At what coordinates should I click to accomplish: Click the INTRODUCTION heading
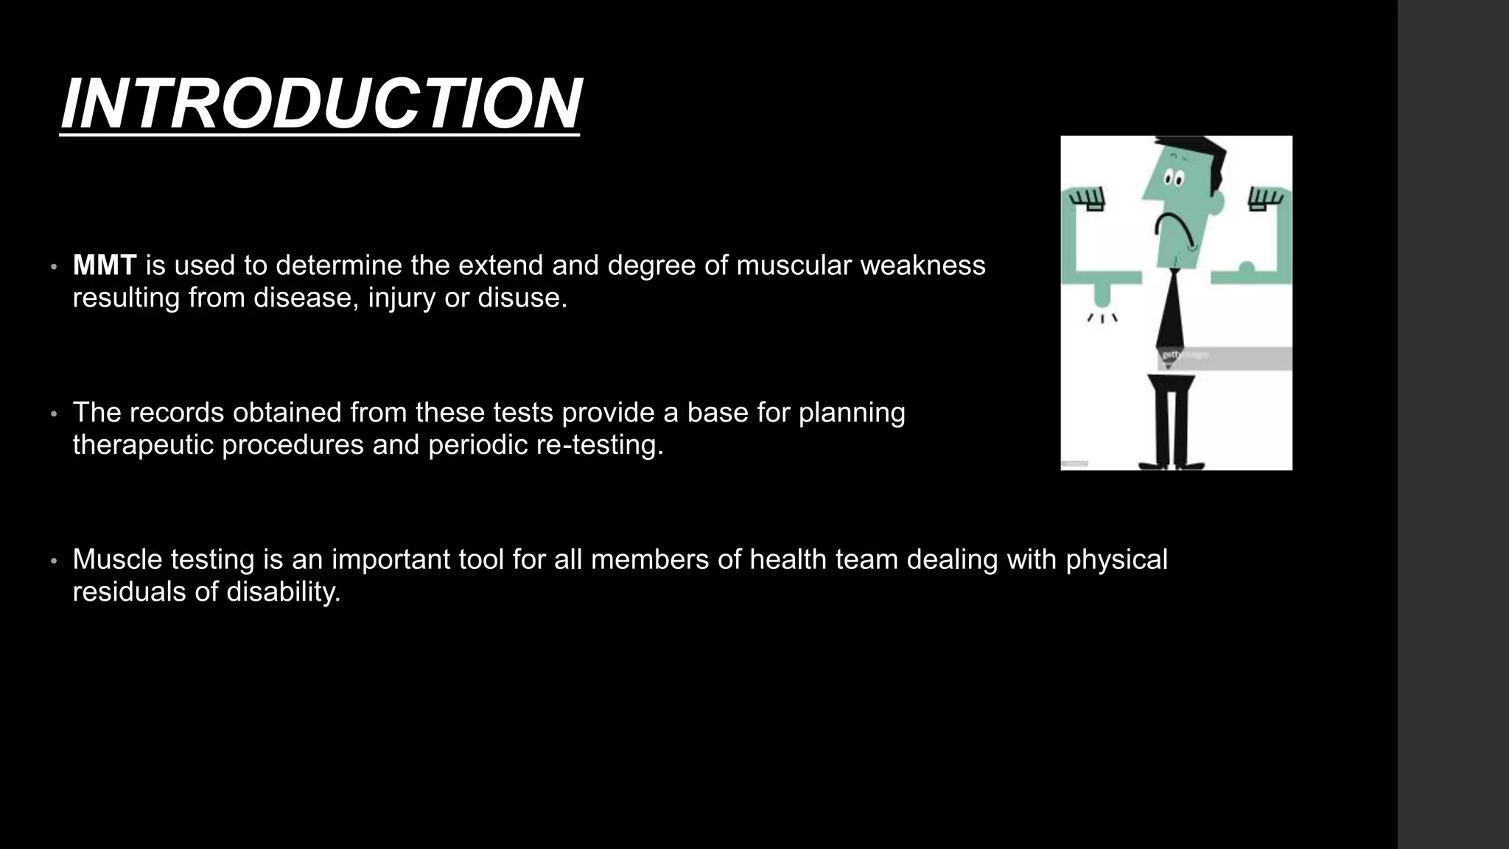coord(321,104)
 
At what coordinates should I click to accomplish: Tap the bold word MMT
coord(105,265)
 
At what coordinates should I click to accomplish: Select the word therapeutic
coord(143,445)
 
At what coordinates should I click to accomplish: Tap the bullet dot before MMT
coord(54,267)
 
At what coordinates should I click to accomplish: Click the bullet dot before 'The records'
coord(54,414)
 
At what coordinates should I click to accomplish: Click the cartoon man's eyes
coord(1173,179)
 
